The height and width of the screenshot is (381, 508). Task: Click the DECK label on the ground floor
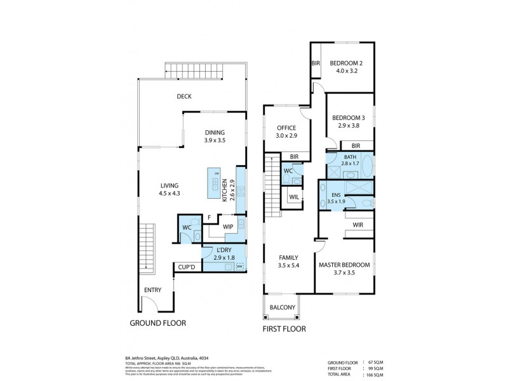tap(184, 97)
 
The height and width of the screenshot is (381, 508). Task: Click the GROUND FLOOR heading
tap(157, 323)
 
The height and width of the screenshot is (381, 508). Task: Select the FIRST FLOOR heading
tap(284, 329)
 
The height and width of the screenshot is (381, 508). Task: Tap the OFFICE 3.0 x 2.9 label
tap(286, 131)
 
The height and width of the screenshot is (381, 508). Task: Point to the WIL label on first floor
tap(294, 197)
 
